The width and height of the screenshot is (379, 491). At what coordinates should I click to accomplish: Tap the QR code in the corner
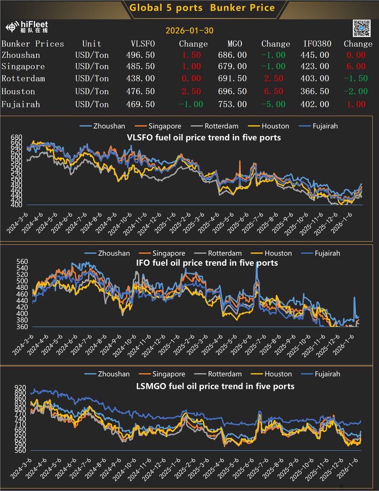point(362,29)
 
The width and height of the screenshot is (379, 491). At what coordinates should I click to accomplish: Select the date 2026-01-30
point(189,31)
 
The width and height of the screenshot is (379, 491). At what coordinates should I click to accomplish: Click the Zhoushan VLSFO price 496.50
point(140,55)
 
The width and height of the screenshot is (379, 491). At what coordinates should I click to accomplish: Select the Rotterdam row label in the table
point(23,78)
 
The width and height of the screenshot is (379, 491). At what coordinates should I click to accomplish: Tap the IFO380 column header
point(318,44)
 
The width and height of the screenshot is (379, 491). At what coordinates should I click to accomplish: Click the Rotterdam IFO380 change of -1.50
point(355,78)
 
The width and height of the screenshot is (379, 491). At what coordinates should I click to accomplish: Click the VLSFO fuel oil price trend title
point(204,137)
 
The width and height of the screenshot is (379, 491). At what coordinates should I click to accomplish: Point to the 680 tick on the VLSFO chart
point(16,137)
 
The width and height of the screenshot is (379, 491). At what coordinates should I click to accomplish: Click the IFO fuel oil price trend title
point(207,263)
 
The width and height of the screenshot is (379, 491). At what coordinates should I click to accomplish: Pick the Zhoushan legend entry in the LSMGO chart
point(107,374)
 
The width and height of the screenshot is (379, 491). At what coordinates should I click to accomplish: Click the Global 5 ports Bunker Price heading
point(202,8)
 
